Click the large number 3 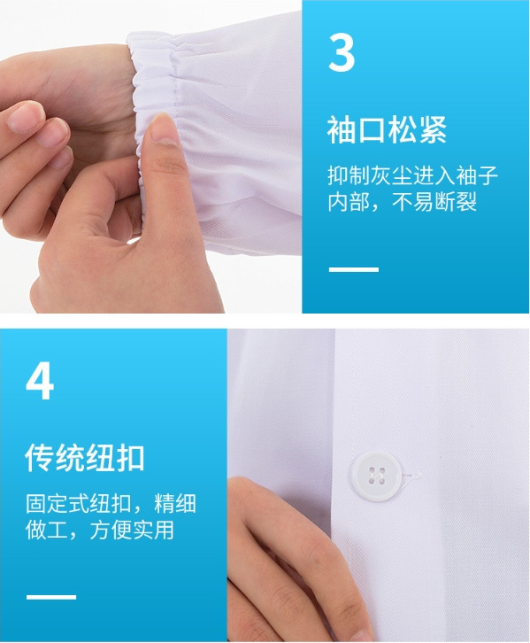[x=342, y=52]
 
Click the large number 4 [x=40, y=381]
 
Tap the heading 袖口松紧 [x=387, y=129]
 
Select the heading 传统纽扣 [x=85, y=457]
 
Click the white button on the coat [x=375, y=476]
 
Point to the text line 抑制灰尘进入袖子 [x=413, y=176]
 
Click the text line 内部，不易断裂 [x=403, y=201]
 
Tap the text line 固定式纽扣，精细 [x=111, y=504]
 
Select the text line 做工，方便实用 [x=100, y=530]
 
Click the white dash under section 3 [x=354, y=269]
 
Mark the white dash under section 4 [x=51, y=597]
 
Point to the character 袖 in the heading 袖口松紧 [x=342, y=129]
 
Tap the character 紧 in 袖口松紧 [x=432, y=129]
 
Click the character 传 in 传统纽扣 [x=40, y=457]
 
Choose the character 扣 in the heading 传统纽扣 [x=130, y=457]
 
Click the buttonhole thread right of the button [x=411, y=475]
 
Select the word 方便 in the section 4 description [x=111, y=530]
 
